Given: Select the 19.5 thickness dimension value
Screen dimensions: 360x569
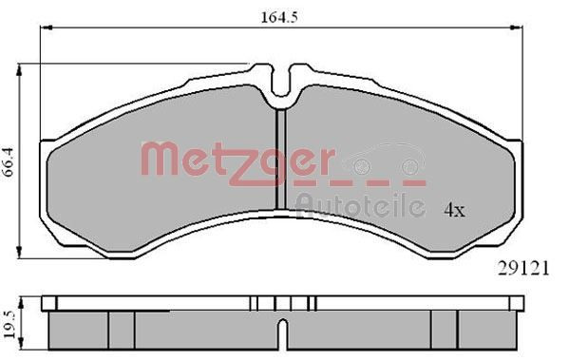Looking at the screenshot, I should [10, 319].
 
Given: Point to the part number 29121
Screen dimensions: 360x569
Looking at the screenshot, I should [524, 269].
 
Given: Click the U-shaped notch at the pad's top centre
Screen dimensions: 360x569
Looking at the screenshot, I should [282, 88].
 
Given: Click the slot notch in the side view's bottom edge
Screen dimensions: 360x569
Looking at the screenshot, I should [282, 335].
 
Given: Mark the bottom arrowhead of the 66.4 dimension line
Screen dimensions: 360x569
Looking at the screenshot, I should [21, 254].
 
